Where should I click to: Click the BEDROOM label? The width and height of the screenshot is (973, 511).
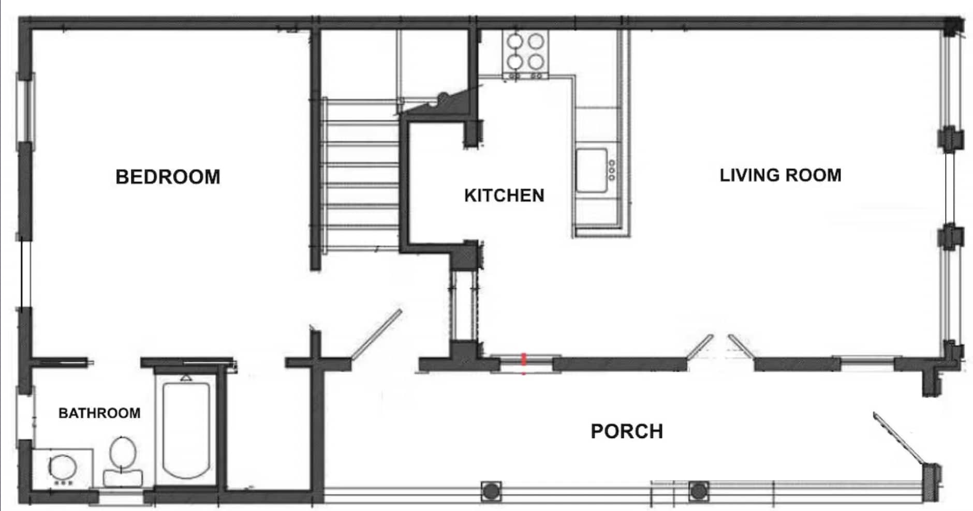(168, 177)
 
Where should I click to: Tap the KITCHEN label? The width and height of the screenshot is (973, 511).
(504, 196)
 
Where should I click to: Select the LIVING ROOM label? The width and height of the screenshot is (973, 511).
(780, 175)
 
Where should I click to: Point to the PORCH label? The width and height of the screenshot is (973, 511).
(627, 431)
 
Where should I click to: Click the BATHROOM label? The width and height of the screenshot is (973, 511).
(99, 413)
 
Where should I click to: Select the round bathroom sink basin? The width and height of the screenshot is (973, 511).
(63, 468)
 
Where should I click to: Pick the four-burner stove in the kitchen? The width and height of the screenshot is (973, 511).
(525, 53)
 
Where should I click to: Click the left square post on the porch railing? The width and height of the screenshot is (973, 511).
(491, 491)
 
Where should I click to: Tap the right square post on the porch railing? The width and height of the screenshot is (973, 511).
(699, 491)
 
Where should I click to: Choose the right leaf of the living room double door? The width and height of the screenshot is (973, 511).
(742, 345)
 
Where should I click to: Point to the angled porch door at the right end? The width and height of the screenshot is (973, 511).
(899, 438)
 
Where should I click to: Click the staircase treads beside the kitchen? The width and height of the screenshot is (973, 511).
(360, 174)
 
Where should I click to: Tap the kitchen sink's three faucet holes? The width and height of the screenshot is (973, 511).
(612, 170)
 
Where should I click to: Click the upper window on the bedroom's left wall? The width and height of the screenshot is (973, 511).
(26, 109)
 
